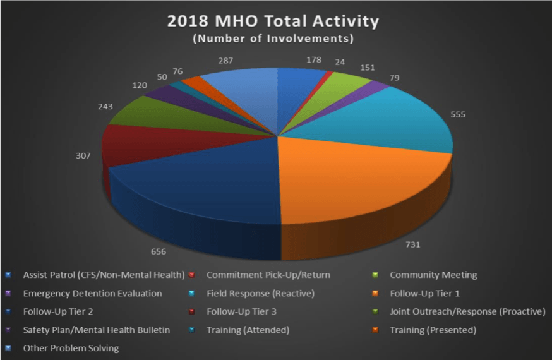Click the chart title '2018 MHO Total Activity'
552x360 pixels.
[x=273, y=21]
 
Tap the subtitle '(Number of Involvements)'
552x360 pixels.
[x=273, y=38]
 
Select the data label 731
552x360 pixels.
[x=413, y=244]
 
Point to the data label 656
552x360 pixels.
[x=159, y=251]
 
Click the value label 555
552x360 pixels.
[x=458, y=114]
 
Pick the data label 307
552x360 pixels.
[x=83, y=155]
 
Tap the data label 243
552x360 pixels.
[x=105, y=106]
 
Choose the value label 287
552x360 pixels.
[x=225, y=61]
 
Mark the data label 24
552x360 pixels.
[x=340, y=62]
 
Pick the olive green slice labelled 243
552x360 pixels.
[x=169, y=114]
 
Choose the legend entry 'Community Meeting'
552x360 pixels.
[x=424, y=275]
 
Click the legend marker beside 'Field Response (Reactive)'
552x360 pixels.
[x=192, y=293]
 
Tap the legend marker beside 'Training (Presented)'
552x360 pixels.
[x=375, y=330]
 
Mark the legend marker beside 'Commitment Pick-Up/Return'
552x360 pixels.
[x=192, y=275]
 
